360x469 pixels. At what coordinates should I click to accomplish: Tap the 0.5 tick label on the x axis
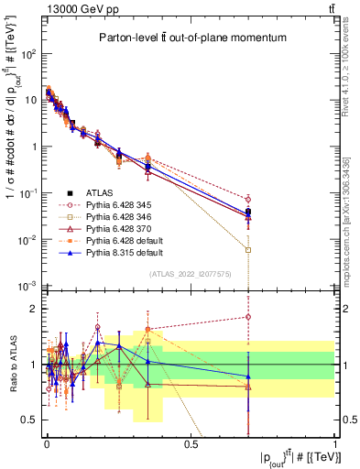tap(191, 444)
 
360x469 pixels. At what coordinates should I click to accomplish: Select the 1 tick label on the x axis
tap(335, 444)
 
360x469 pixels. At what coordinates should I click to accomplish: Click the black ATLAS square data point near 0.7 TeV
tap(248, 213)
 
